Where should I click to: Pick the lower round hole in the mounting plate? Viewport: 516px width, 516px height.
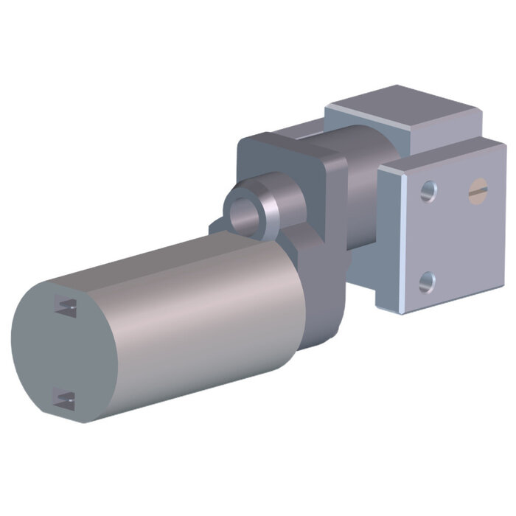tap(427, 282)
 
